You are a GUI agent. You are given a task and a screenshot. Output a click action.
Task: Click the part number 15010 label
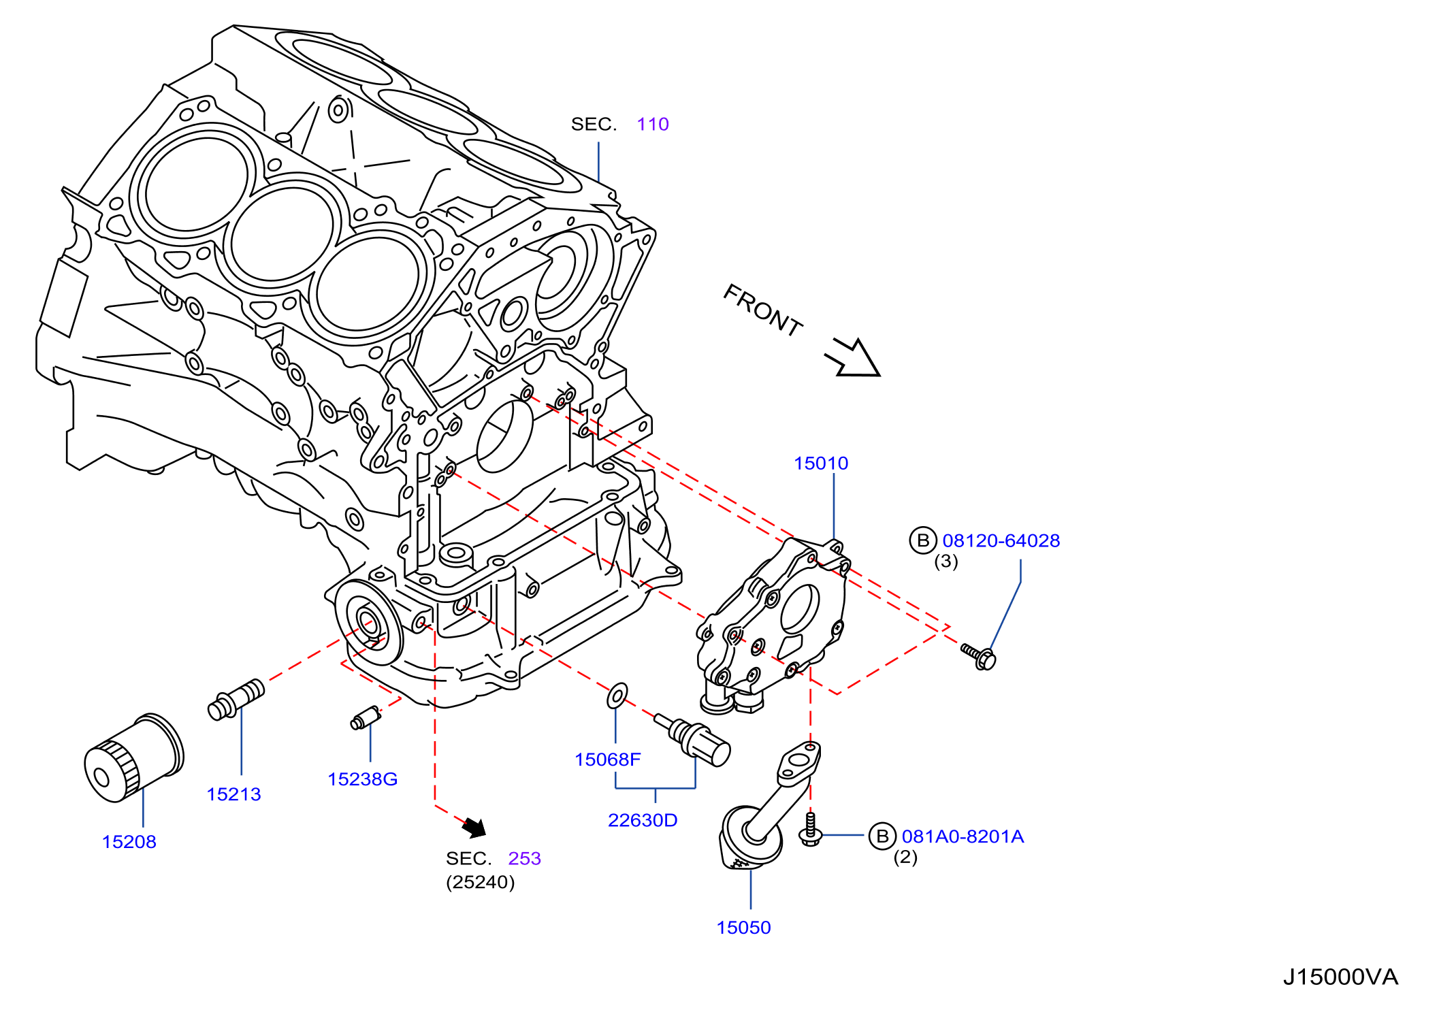[x=821, y=463]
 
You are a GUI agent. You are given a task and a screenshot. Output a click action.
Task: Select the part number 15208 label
[x=129, y=842]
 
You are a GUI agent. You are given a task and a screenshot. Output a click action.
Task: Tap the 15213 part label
[x=233, y=794]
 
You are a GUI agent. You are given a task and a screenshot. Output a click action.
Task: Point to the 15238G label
[x=362, y=779]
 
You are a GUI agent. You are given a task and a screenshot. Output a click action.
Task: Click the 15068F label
[x=608, y=760]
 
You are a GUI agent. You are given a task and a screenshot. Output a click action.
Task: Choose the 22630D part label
[x=643, y=820]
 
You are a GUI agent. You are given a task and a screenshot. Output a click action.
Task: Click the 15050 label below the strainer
[x=743, y=928]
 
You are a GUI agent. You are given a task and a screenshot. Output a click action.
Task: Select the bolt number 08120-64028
[x=1001, y=540]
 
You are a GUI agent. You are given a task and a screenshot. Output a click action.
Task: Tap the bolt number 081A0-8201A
[x=963, y=836]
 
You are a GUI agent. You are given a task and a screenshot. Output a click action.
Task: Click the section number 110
[x=653, y=124]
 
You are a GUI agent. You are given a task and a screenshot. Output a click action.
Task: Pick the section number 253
[x=524, y=858]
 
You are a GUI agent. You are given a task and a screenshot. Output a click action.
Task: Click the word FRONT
[x=762, y=310]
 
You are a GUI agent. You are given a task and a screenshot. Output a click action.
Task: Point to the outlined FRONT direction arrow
[x=854, y=358]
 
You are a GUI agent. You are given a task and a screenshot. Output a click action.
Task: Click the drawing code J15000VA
[x=1340, y=977]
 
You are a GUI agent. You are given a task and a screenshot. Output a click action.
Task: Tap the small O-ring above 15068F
[x=617, y=696]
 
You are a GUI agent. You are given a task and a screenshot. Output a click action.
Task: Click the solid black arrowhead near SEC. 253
[x=474, y=828]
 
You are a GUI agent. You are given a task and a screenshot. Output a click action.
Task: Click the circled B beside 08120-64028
[x=923, y=540]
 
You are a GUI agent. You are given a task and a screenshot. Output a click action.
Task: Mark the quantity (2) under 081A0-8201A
[x=905, y=857]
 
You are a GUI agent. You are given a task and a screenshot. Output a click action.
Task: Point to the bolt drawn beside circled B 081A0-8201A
[x=810, y=830]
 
